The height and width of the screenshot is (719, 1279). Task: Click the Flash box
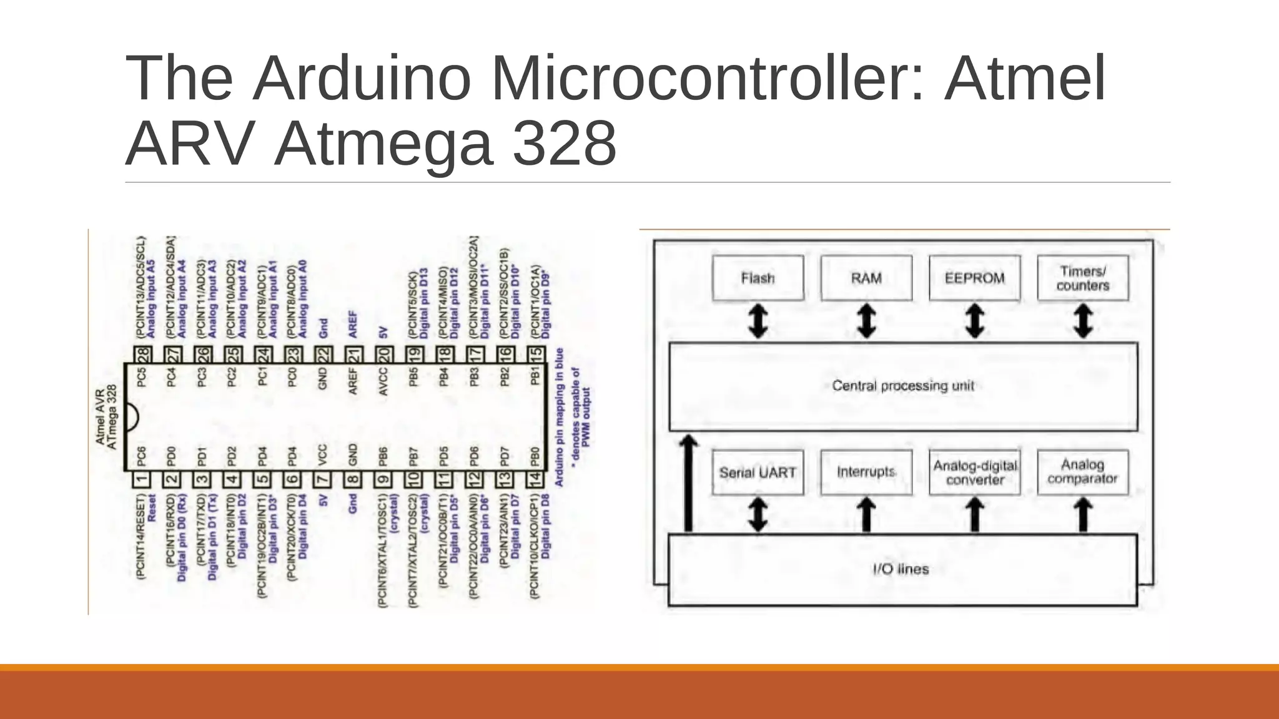pos(758,278)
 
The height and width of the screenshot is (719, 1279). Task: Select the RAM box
pos(866,278)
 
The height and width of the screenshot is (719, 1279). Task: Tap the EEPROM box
pos(974,278)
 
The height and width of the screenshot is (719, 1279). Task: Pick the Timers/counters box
pos(1083,278)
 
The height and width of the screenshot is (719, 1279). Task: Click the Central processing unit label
pos(903,386)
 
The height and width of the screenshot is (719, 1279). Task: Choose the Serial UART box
pos(758,472)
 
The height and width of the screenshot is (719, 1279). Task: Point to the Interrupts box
pos(866,472)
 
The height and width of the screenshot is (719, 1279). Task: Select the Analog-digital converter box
pos(974,472)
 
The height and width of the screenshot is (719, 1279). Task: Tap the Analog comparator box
pos(1083,472)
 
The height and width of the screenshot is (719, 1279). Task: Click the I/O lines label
pos(901,569)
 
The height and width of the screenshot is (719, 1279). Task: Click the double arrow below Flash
pos(758,321)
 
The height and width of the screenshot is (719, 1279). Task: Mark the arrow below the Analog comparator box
pos(1084,515)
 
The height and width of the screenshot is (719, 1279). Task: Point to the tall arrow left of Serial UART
pos(688,484)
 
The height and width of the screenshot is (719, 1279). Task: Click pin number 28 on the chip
pos(143,355)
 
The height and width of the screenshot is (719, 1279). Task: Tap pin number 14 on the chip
pos(535,480)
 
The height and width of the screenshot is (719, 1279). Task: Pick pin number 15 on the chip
pos(536,355)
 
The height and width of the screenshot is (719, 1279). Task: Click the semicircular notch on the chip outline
pos(131,418)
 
